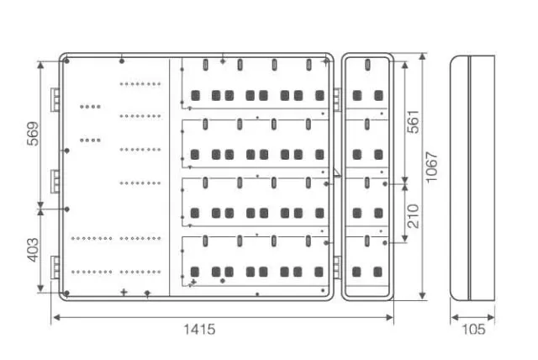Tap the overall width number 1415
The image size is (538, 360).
pyautogui.click(x=199, y=330)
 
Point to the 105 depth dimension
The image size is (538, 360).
pyautogui.click(x=473, y=330)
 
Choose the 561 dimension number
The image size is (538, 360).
pyautogui.click(x=413, y=123)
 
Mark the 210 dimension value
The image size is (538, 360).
pyautogui.click(x=413, y=217)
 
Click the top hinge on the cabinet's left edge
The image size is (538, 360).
pyautogui.click(x=55, y=99)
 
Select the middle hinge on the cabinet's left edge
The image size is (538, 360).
pyautogui.click(x=55, y=180)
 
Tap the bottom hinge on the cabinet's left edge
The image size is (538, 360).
pyautogui.click(x=55, y=265)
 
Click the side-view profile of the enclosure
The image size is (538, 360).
pyautogui.click(x=472, y=177)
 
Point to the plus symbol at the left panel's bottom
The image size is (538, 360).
pyautogui.click(x=124, y=292)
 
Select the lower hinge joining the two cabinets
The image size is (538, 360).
pyautogui.click(x=336, y=267)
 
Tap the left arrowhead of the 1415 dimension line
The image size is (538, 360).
pyautogui.click(x=55, y=317)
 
